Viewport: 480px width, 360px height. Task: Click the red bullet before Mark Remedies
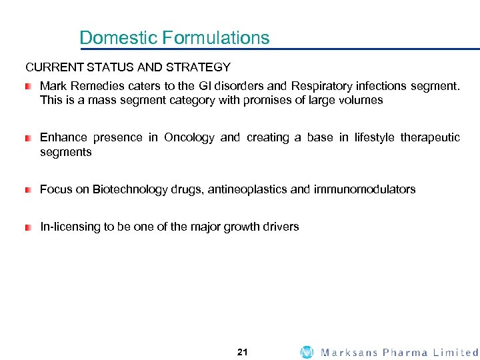(28, 87)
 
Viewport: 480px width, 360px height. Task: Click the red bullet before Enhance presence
(28, 138)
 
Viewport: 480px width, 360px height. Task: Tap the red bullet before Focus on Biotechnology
(28, 190)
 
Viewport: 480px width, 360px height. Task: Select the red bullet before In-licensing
(28, 227)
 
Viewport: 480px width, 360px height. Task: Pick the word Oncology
(189, 137)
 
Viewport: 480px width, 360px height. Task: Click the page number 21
(242, 352)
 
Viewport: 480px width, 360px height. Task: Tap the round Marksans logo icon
(307, 352)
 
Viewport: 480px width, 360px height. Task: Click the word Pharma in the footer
(405, 352)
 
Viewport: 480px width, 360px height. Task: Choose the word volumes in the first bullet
(361, 101)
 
